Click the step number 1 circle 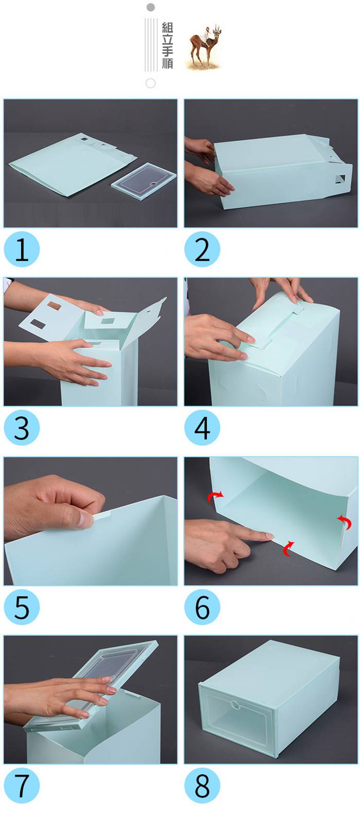(x=22, y=249)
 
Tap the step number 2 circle (x=202, y=249)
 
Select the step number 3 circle (x=22, y=428)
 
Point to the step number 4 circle (x=202, y=428)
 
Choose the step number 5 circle (x=22, y=607)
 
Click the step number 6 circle (x=202, y=607)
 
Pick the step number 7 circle (x=22, y=786)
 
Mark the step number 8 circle (x=202, y=786)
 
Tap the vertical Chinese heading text (x=167, y=45)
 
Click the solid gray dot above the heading (x=150, y=7)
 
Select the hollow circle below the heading (x=150, y=83)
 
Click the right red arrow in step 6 (x=345, y=522)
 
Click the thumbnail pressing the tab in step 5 (x=85, y=519)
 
